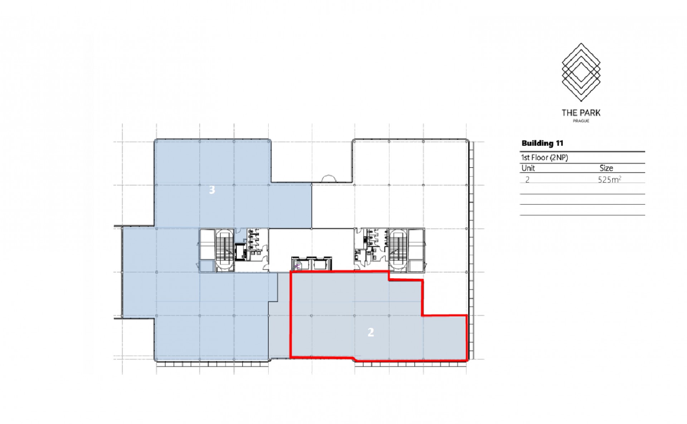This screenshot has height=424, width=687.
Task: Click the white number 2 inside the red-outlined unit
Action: pos(371,332)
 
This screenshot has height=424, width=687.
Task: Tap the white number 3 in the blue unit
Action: pos(212,190)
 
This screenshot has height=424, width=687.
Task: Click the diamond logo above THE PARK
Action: pos(581,72)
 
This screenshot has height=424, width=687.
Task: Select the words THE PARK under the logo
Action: pos(581,113)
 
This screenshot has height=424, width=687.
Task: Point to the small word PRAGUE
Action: pos(581,121)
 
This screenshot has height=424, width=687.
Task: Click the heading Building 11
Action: pos(542,143)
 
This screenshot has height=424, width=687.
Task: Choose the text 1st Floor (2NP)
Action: pos(544,157)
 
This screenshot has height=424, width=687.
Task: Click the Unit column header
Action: pos(528,168)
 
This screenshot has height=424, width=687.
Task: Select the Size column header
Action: pos(606,168)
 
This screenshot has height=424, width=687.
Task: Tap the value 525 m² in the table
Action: pos(609,179)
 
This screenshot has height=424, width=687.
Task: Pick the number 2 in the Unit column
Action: pos(527,180)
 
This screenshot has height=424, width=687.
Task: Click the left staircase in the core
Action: pos(224,250)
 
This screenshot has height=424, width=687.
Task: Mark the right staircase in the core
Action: pos(398,250)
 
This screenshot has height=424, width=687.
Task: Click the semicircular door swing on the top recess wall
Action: pos(328,179)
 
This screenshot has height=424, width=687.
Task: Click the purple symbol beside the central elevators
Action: pos(296,266)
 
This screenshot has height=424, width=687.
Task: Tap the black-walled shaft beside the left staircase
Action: pos(240,252)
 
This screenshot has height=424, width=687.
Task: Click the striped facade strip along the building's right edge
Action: pos(472,250)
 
